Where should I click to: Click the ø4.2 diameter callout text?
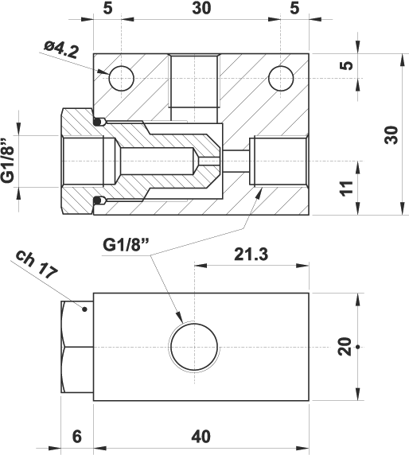61,49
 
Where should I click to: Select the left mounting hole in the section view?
121,78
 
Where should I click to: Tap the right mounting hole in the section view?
281,78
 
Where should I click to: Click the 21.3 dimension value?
251,255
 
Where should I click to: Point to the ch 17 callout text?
37,264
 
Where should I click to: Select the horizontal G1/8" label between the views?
126,245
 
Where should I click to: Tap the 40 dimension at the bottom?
201,437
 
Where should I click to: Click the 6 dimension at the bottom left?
77,437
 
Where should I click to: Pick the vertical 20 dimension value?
345,347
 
